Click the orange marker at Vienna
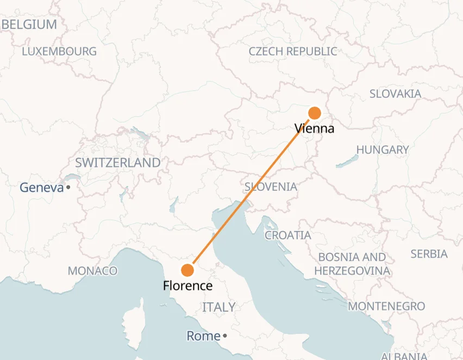[315, 113]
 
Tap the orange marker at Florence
[187, 270]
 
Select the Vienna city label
[314, 129]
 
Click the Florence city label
[187, 286]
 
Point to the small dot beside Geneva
[69, 188]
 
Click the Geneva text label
[42, 188]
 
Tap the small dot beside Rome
[224, 336]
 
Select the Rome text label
[204, 336]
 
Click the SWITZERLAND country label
[118, 163]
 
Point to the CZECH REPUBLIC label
[293, 52]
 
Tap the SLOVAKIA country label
[395, 94]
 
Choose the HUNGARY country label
[383, 150]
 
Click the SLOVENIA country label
[271, 187]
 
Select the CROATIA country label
[287, 235]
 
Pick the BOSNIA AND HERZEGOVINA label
[352, 264]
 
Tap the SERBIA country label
[429, 254]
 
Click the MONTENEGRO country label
[386, 306]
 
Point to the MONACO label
[92, 271]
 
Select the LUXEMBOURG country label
[59, 52]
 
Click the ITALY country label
[219, 307]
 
